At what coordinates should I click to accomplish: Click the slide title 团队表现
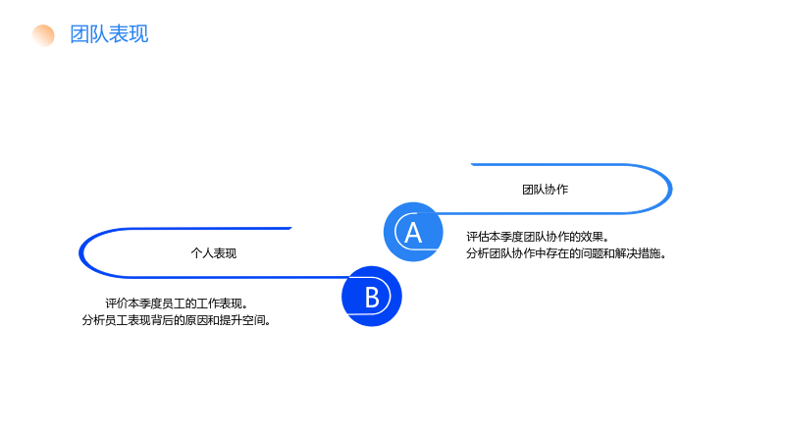109,34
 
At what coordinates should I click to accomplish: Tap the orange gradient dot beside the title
43,35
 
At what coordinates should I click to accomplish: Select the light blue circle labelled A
413,232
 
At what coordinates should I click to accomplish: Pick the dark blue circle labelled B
372,297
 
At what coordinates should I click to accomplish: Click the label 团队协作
546,190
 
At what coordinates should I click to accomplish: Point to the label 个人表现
214,253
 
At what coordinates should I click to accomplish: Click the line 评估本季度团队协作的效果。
538,237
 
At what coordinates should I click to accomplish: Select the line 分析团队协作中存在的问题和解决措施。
566,253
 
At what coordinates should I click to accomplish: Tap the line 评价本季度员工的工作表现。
177,304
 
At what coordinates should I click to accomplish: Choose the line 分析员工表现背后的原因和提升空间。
177,320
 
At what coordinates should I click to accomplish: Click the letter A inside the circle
413,233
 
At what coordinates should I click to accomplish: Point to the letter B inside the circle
372,298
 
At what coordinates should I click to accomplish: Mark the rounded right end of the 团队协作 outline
670,189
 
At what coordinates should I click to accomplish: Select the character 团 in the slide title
79,34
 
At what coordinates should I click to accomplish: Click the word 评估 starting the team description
478,237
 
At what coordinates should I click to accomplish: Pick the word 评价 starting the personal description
116,304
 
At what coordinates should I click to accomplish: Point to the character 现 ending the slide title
138,34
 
